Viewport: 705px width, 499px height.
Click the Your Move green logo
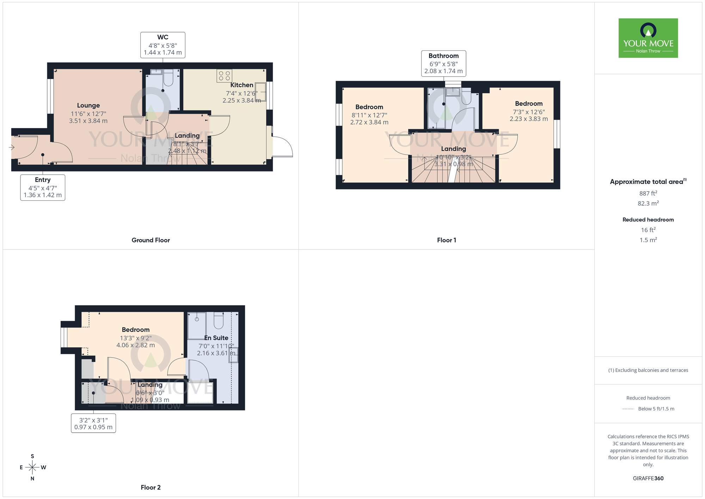coord(648,38)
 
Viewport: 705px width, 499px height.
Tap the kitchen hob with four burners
coord(224,76)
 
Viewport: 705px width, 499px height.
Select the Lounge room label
coord(88,106)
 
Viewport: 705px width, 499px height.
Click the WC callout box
coord(163,45)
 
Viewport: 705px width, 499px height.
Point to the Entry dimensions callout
coord(43,187)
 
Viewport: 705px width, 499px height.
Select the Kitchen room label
coord(241,85)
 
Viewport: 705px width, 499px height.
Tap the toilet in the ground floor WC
coord(168,78)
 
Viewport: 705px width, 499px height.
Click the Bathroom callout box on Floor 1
coord(443,64)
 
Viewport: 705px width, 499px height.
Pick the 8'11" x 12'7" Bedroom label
coord(369,107)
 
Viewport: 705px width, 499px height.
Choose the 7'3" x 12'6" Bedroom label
coord(528,104)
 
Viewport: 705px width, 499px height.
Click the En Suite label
coord(216,338)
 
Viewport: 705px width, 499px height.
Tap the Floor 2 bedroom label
coord(136,330)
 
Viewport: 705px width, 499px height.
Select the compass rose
coord(32,468)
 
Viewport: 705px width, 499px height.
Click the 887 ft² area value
coord(648,193)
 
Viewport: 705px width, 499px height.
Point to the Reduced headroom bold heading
coord(648,220)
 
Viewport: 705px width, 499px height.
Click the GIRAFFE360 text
coord(648,479)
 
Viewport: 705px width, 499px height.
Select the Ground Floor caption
coord(151,240)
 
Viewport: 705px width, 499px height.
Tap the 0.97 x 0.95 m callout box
coord(93,423)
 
